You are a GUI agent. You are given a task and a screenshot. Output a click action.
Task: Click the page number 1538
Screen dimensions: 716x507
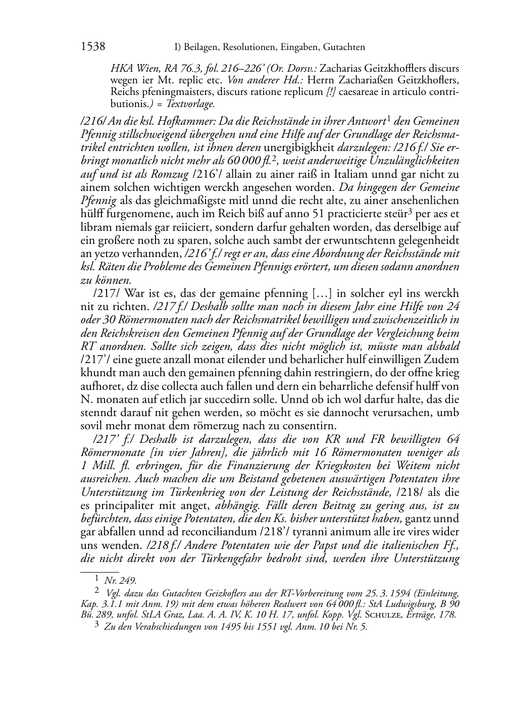[x=93, y=47]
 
